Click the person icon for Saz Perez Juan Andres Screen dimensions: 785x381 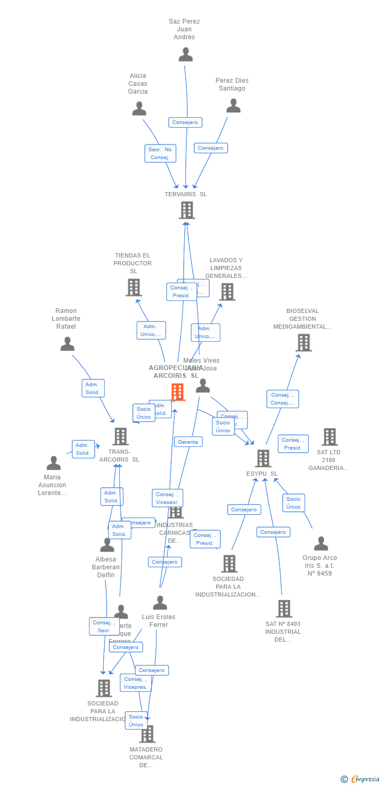(186, 54)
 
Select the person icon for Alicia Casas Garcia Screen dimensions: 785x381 (139, 108)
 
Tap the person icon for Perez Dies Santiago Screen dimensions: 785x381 (233, 106)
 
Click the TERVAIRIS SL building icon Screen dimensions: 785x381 (187, 210)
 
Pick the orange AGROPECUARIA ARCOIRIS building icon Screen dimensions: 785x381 (178, 391)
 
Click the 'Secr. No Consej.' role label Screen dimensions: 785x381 (160, 153)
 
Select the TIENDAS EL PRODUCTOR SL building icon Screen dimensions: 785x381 (133, 287)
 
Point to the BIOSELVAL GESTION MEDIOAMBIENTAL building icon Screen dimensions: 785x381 (304, 343)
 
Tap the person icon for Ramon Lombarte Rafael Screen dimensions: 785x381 (68, 344)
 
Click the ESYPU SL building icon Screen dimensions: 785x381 (263, 458)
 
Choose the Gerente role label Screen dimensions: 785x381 (188, 442)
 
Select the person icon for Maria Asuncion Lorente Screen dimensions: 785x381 (53, 463)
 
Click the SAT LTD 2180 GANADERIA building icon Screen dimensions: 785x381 (330, 436)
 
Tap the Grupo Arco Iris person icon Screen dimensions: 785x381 (321, 543)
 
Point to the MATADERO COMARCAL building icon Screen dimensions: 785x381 (148, 734)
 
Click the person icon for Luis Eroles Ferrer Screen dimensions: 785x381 (160, 603)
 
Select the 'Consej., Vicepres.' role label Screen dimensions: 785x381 (136, 683)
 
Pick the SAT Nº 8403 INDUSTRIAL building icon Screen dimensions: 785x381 (284, 609)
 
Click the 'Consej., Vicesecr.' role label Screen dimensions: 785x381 (167, 498)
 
